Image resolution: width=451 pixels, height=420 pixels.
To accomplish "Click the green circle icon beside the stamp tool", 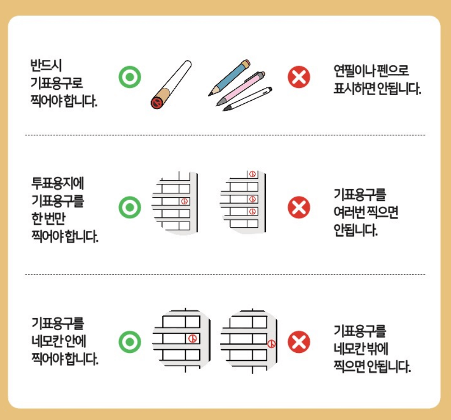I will click(129, 78).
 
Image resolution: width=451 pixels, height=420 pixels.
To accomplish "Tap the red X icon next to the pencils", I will click(298, 78).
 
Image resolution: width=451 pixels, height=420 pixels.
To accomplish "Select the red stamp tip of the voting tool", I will click(156, 103).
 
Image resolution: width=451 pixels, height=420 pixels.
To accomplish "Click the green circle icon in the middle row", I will click(129, 208).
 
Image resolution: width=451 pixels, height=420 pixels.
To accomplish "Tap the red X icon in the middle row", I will click(298, 208).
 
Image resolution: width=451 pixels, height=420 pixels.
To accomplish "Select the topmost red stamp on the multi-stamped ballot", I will click(252, 175).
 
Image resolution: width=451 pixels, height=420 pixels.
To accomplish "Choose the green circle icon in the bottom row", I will click(129, 341).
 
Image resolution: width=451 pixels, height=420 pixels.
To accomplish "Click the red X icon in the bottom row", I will click(298, 341).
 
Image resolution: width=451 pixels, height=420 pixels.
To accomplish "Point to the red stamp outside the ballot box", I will click(272, 343).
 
